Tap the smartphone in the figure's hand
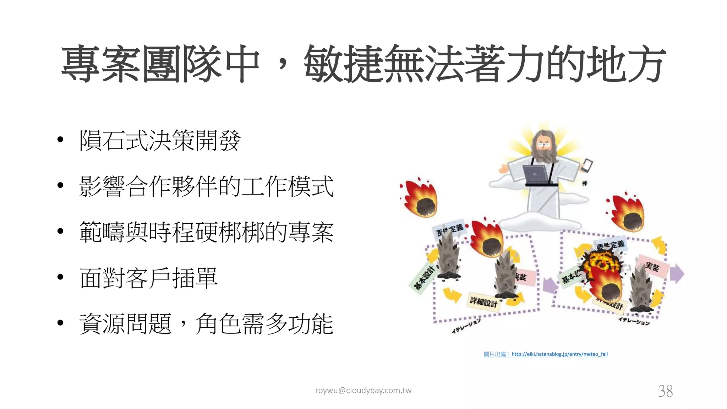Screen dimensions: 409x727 point(587,165)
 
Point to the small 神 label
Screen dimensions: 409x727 point(584,183)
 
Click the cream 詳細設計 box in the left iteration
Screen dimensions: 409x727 point(483,302)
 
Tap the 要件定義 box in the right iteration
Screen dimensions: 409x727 point(610,245)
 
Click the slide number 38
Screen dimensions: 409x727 point(665,391)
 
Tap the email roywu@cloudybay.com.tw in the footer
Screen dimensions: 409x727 point(363,391)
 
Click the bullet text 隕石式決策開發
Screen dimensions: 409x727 point(160,140)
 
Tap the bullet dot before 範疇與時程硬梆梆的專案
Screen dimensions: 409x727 point(60,231)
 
